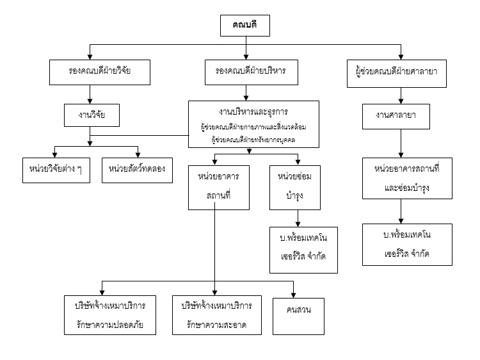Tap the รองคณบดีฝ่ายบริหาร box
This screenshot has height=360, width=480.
(246, 72)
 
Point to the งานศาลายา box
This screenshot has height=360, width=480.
(400, 115)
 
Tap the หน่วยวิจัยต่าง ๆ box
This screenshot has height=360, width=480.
(56, 169)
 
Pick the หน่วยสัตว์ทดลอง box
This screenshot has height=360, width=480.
(137, 169)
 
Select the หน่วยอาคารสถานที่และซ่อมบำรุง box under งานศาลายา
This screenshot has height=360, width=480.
(400, 177)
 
